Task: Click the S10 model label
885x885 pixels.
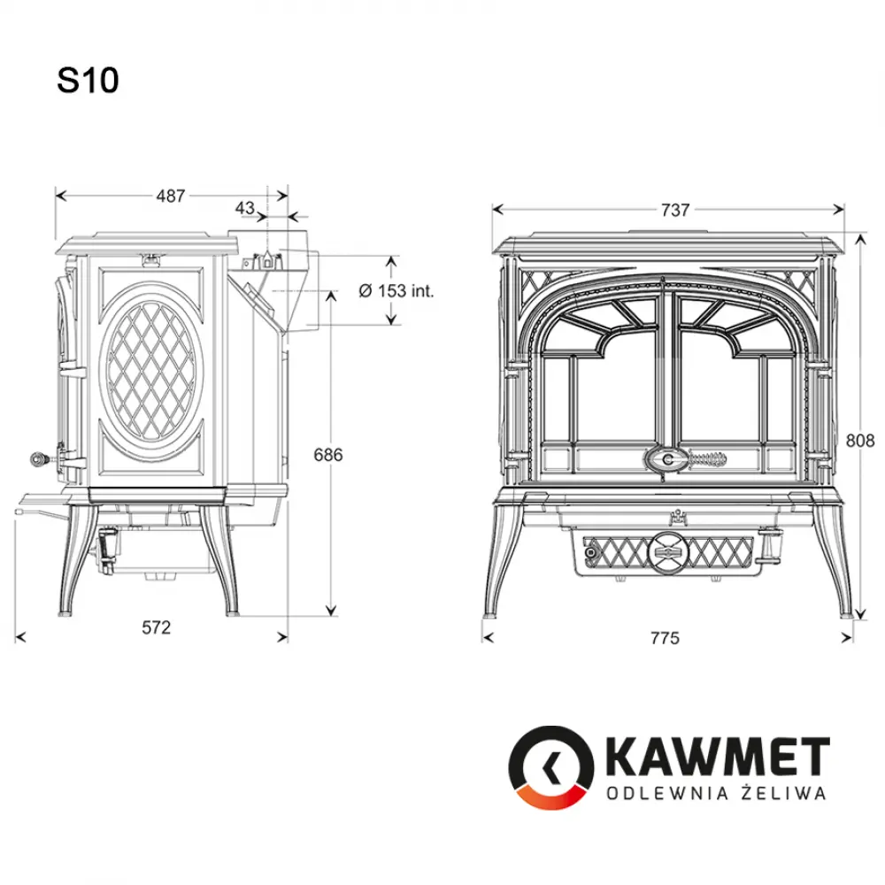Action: (88, 81)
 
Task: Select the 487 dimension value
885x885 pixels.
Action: (171, 196)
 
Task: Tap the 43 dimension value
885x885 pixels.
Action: (245, 208)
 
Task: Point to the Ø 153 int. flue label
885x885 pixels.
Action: (396, 290)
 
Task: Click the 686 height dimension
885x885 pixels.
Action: (328, 454)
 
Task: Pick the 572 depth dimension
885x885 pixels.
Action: (156, 627)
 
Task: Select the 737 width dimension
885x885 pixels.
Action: (675, 210)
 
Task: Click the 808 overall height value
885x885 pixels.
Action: (860, 440)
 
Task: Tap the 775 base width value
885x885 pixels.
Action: (665, 638)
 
